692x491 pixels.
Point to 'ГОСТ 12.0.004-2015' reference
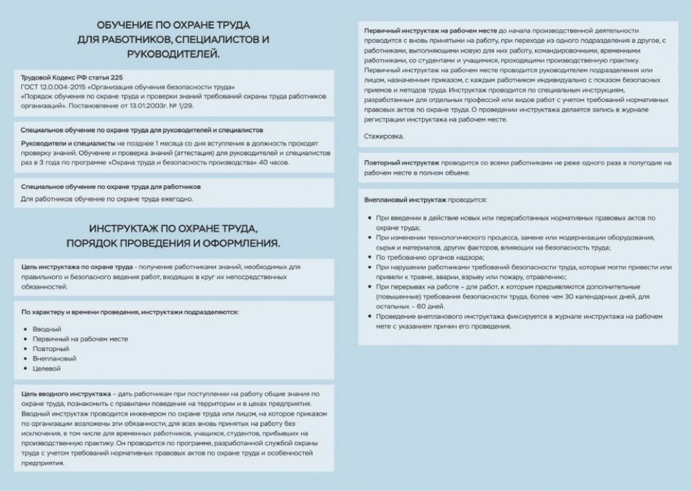click(53, 87)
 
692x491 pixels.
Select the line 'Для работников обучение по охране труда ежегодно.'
click(107, 199)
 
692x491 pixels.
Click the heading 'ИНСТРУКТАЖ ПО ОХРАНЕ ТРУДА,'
click(173, 229)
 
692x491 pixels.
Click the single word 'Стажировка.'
click(384, 136)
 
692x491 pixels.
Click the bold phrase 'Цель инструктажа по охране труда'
click(76, 267)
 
